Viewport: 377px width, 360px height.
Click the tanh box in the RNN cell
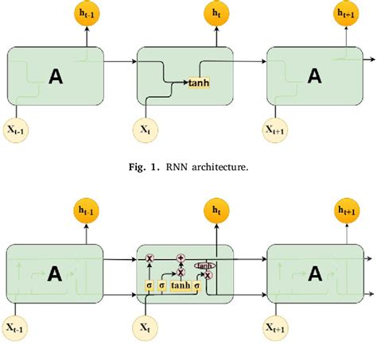[198, 82]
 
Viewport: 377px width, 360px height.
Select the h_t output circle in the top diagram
[215, 14]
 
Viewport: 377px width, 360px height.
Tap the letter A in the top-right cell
[315, 76]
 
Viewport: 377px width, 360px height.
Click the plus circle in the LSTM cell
[181, 258]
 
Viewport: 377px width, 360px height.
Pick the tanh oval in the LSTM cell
[204, 265]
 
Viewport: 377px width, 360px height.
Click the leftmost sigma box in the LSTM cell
[148, 285]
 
